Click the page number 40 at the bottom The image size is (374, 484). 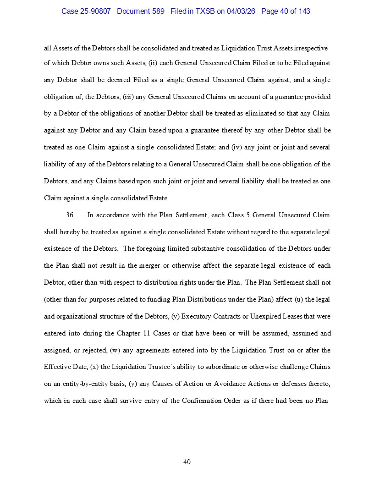pyautogui.click(x=187, y=462)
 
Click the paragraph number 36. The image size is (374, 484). pyautogui.click(x=70, y=215)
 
